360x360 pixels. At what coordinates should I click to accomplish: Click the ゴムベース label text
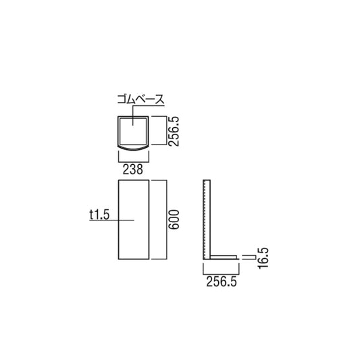pos(139,99)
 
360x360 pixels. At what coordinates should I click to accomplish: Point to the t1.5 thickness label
pos(99,215)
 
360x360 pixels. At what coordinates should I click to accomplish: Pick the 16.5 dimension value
pos(263,258)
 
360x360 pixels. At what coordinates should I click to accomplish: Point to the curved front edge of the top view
pos(134,147)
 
